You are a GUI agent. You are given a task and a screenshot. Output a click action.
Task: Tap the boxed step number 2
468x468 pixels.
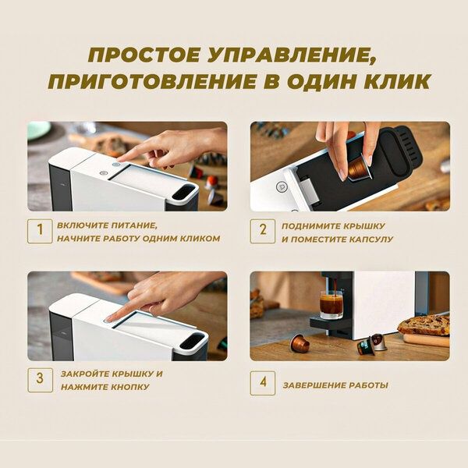point(263,231)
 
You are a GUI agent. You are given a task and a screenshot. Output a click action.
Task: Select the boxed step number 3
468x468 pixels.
point(40,380)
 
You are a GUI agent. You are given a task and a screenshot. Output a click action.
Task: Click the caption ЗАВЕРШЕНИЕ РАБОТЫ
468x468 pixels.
point(335,385)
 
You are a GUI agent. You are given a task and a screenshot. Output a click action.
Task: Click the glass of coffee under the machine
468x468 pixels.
point(331,304)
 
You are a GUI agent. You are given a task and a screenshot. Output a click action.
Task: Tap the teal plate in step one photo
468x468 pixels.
point(38,130)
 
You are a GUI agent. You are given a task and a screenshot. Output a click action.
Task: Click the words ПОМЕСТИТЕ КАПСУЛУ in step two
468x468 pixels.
point(336,239)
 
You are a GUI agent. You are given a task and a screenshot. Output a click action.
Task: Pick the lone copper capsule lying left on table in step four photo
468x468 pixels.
point(300,343)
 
